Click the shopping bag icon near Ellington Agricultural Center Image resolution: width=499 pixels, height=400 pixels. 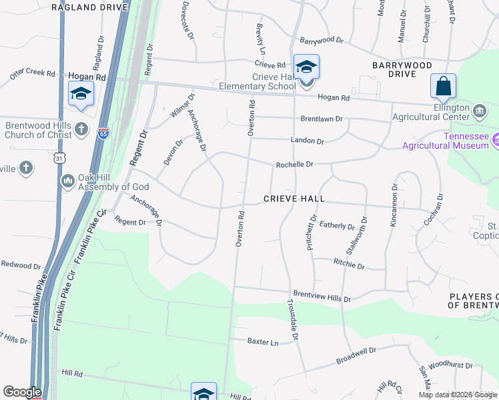[x=443, y=87]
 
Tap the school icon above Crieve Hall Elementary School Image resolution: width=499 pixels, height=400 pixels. [x=306, y=67]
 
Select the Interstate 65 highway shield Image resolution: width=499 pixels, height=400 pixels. [x=103, y=133]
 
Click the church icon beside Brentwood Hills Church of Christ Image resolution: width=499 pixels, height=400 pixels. [x=81, y=128]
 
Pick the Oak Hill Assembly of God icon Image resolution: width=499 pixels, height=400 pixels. [x=67, y=181]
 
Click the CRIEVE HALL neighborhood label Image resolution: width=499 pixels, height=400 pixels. [x=294, y=199]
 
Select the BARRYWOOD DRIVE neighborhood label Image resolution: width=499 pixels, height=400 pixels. [x=402, y=65]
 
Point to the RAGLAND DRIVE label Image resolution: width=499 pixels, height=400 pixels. [x=89, y=6]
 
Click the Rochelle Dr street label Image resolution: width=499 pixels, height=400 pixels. [x=295, y=164]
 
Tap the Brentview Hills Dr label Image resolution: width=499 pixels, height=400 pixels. [x=322, y=295]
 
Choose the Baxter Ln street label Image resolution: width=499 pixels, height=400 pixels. [x=262, y=341]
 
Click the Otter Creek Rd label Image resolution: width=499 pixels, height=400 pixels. [x=32, y=73]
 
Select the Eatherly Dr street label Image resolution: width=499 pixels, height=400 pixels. [x=338, y=225]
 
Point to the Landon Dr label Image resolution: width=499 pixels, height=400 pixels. [x=307, y=141]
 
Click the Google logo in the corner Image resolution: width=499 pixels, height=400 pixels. [x=22, y=392]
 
